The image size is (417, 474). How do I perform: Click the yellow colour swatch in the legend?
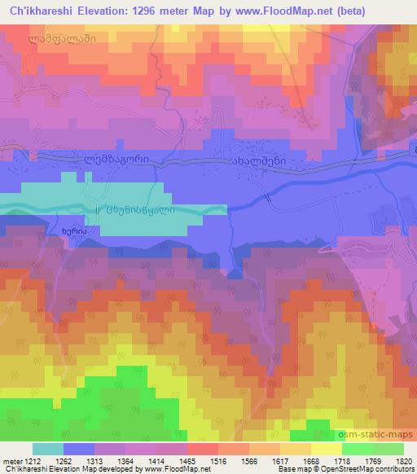[x=326, y=449]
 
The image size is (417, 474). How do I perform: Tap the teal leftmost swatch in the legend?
[x=47, y=449]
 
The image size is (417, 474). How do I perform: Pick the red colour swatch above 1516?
[x=201, y=449]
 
